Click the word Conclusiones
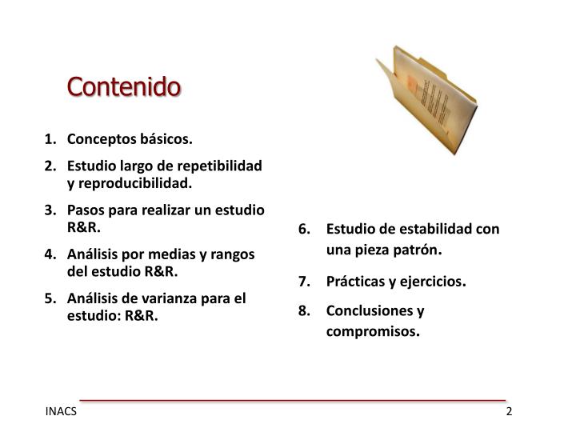(x=370, y=310)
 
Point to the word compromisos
(x=371, y=330)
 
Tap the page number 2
(x=508, y=412)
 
